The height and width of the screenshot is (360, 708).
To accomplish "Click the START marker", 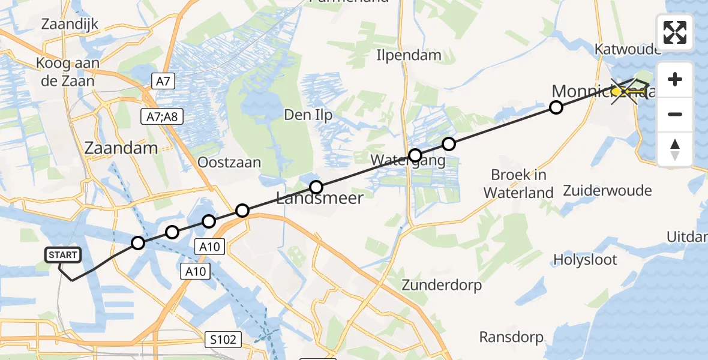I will pyautogui.click(x=62, y=256).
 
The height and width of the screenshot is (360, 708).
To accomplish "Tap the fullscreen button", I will pyautogui.click(x=675, y=32).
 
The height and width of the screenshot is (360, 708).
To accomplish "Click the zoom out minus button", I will pyautogui.click(x=675, y=114).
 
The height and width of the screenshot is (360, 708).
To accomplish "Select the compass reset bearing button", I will pyautogui.click(x=675, y=149).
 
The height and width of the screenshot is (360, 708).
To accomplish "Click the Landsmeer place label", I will pyautogui.click(x=320, y=199).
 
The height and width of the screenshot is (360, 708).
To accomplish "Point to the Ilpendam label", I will pyautogui.click(x=409, y=55).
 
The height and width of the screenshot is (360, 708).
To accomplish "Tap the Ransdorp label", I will pyautogui.click(x=511, y=337).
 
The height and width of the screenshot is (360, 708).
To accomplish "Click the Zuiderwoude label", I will pyautogui.click(x=607, y=191).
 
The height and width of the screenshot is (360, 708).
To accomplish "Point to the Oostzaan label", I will pyautogui.click(x=230, y=163).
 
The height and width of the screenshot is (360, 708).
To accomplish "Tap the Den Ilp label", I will pyautogui.click(x=308, y=116).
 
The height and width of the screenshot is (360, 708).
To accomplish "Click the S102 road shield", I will pyautogui.click(x=223, y=340).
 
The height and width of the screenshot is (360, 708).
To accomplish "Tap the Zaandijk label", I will pyautogui.click(x=70, y=25).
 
